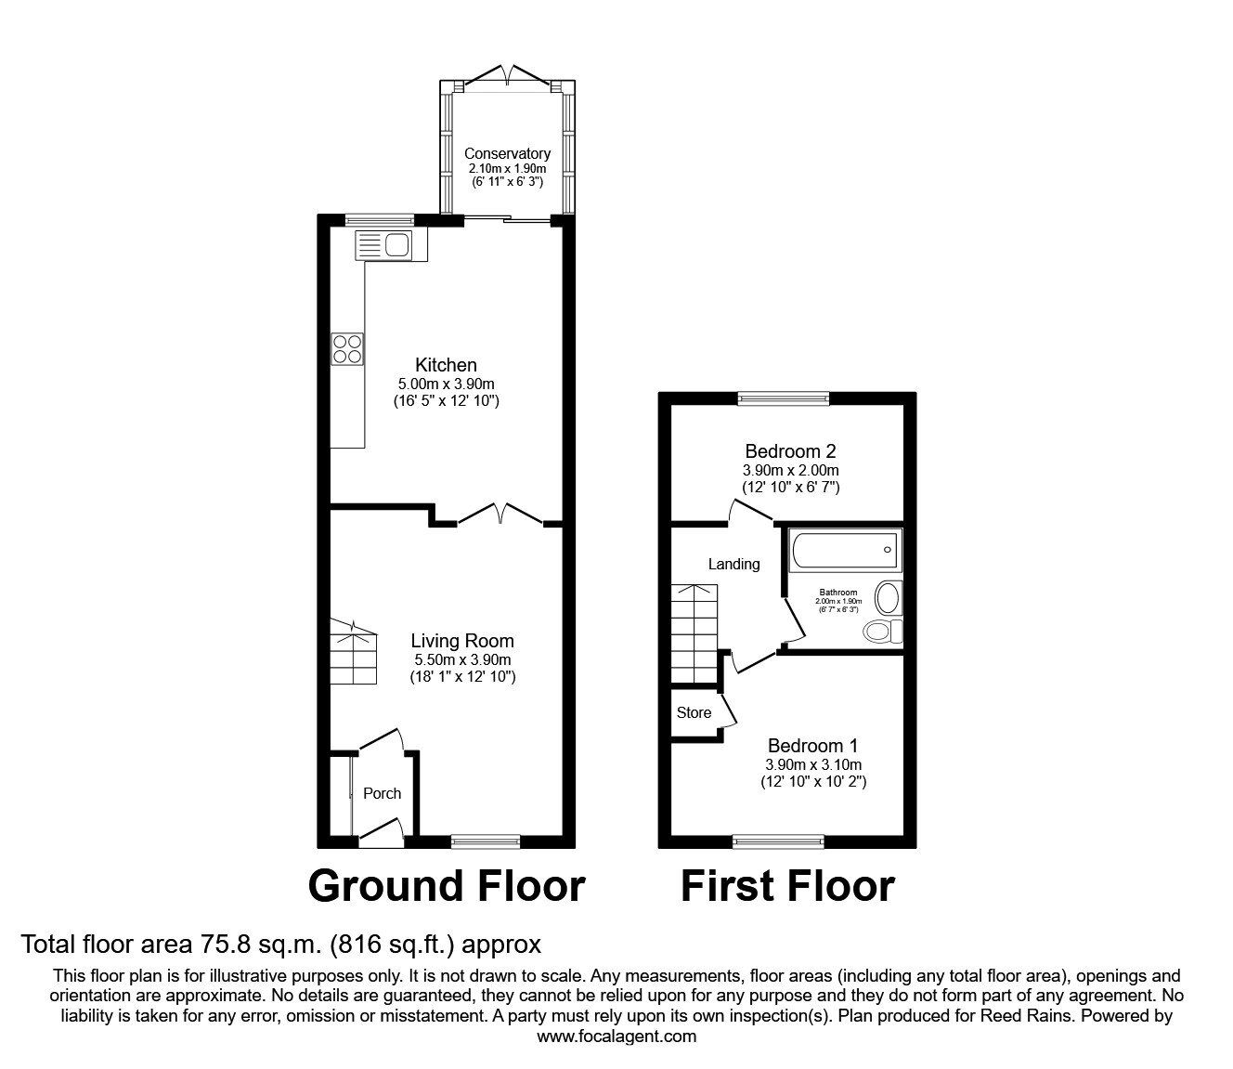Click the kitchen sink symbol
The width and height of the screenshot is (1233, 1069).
click(390, 245)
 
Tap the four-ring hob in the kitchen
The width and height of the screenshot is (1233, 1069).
click(348, 348)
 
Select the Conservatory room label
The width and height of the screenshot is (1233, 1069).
click(507, 153)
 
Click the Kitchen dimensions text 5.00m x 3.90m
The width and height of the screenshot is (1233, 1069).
click(446, 384)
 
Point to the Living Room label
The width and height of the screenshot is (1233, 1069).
click(462, 641)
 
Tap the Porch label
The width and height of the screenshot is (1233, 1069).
click(382, 793)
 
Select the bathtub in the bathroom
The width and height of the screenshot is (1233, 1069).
click(843, 550)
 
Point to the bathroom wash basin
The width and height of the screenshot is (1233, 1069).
click(889, 597)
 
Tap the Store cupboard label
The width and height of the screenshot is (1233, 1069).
click(694, 712)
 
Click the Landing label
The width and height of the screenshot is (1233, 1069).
click(733, 564)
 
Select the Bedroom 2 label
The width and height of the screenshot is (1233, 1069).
click(790, 451)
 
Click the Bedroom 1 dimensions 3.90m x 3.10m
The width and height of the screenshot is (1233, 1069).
click(812, 764)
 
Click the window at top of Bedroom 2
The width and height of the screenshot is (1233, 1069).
click(783, 398)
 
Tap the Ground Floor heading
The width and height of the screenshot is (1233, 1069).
click(446, 886)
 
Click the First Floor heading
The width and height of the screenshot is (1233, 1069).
click(787, 886)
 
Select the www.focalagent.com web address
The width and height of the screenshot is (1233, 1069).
click(616, 1036)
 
